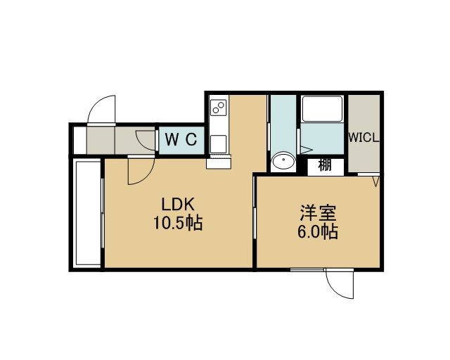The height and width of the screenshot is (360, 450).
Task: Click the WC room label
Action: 181,140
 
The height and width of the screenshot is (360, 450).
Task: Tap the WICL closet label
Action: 364,138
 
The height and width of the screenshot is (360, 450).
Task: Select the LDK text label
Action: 178,205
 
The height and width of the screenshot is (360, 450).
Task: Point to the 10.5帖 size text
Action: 178,223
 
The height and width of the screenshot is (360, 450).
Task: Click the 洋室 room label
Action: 318,213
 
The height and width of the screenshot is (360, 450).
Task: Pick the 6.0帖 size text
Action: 317,231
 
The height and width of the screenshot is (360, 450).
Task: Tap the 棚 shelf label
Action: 325,165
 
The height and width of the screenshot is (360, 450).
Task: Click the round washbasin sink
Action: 283,161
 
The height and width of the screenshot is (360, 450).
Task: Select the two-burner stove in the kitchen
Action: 219,108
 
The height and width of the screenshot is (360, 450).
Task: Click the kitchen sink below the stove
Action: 219,144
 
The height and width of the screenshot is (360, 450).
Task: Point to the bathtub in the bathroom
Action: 322,109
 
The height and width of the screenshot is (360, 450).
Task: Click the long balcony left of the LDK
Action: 87,214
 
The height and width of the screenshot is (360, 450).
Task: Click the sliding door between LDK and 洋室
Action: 255,207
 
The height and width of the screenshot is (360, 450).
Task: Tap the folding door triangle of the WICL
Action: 375,181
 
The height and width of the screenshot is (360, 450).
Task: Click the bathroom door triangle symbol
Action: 306,150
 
